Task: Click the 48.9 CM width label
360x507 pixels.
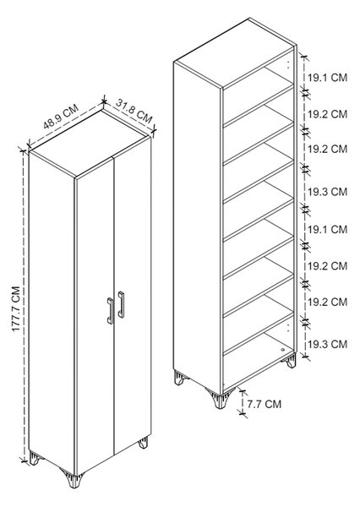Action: (x=61, y=117)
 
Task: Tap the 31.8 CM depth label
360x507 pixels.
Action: (x=134, y=112)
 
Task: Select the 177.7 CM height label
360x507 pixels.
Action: (x=16, y=308)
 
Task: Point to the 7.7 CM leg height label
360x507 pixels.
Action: (x=265, y=404)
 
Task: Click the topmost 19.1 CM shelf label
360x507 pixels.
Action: (x=327, y=78)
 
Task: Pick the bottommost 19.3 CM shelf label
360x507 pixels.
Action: (x=327, y=344)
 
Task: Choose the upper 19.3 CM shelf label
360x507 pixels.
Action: (x=327, y=192)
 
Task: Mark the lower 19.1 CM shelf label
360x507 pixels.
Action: (x=327, y=230)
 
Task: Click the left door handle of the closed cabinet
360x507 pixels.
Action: (x=110, y=311)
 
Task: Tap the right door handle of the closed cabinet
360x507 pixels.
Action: (x=121, y=304)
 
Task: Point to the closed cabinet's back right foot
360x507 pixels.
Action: (x=144, y=443)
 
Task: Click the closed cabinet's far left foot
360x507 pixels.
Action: (x=35, y=459)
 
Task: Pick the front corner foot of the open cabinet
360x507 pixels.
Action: (x=221, y=399)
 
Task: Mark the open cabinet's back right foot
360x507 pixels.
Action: (x=290, y=361)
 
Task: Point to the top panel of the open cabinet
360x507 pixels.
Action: (x=235, y=53)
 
